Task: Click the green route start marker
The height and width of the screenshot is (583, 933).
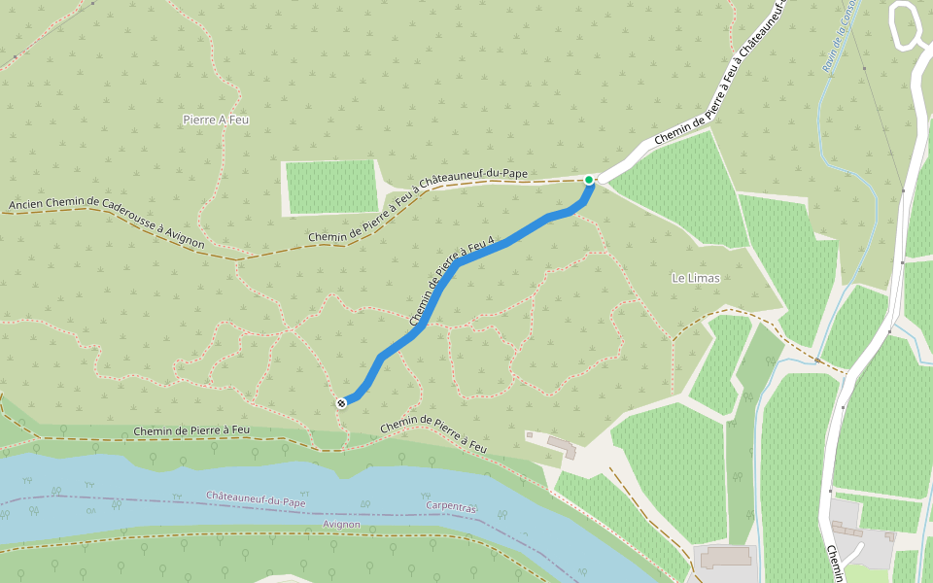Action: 589,180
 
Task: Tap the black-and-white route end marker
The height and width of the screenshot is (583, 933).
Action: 342,402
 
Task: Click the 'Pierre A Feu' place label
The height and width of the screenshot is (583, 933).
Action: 216,120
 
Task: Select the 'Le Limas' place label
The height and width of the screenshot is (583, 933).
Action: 696,278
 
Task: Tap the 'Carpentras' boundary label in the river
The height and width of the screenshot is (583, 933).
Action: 451,507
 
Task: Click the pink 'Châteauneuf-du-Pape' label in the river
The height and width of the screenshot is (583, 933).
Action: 256,497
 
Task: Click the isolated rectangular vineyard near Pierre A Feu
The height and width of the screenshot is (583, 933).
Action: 330,187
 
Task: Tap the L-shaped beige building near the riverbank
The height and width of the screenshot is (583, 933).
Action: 562,446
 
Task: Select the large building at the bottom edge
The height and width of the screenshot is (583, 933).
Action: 726,558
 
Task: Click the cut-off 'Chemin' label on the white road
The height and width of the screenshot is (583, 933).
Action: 835,564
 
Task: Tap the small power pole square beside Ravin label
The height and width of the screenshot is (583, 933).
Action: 864,69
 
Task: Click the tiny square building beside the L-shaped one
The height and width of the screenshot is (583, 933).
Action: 529,434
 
